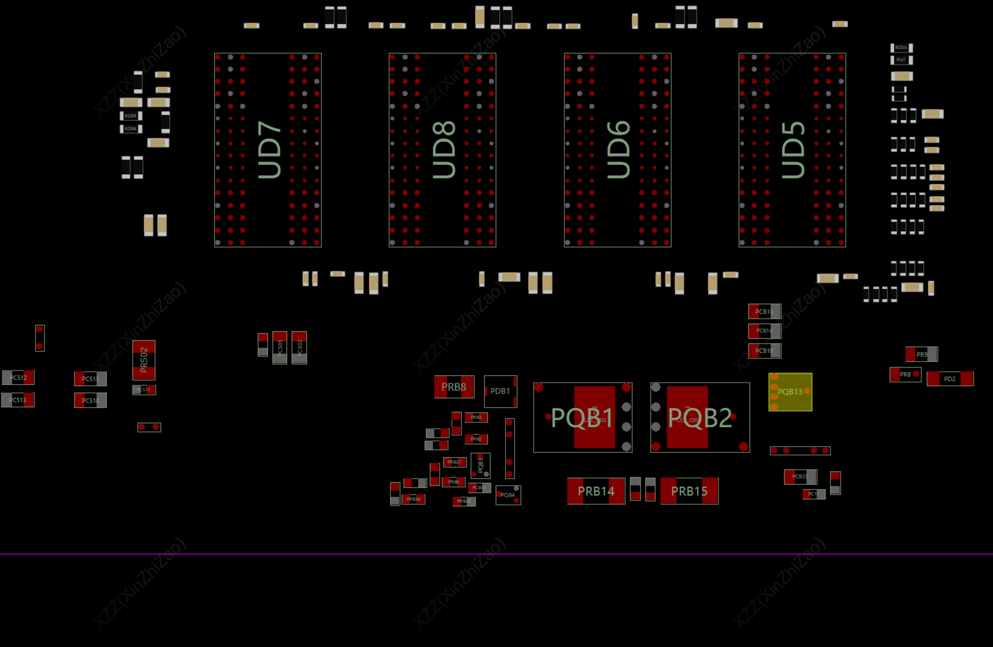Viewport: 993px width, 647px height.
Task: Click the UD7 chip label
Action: click(269, 150)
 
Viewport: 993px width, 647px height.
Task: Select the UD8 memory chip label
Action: click(443, 150)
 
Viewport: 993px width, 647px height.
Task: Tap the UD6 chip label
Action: click(618, 150)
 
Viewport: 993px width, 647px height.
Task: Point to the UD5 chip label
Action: click(793, 150)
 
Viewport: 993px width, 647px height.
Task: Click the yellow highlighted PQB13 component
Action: click(790, 392)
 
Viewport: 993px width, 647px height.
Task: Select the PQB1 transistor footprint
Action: click(582, 418)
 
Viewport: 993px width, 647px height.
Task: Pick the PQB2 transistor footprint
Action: click(700, 418)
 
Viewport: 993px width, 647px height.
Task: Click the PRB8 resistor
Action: click(454, 387)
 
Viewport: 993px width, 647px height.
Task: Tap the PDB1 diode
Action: click(500, 391)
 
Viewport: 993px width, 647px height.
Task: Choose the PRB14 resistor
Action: click(596, 491)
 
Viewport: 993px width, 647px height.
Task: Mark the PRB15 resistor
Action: click(689, 491)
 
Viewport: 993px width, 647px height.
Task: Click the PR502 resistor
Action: click(144, 360)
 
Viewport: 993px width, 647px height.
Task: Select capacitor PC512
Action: click(18, 377)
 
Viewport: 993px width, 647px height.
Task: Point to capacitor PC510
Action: click(90, 400)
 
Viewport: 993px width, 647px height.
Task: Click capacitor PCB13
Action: click(764, 311)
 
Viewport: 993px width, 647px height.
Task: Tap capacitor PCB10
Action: click(764, 351)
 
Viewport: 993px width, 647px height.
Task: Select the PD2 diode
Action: click(950, 379)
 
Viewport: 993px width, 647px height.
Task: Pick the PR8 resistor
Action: click(905, 374)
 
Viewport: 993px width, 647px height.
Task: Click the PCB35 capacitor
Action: click(800, 476)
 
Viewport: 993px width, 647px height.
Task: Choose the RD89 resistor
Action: click(130, 116)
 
